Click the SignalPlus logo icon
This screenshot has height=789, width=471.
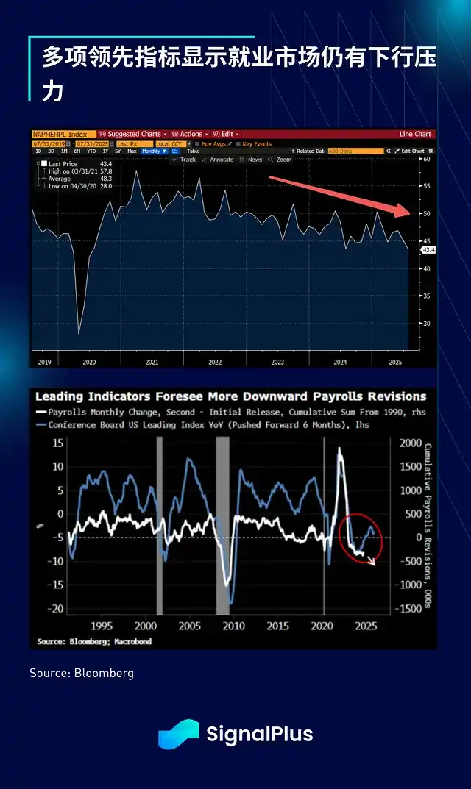pyautogui.click(x=178, y=734)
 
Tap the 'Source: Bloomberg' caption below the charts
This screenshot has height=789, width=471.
pyautogui.click(x=82, y=673)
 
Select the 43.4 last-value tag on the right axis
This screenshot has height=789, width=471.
pyautogui.click(x=428, y=250)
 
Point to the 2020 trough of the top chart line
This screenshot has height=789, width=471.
pyautogui.click(x=79, y=333)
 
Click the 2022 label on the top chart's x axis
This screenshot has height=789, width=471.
pyautogui.click(x=215, y=363)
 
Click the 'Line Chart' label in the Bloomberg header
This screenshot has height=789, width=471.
pyautogui.click(x=415, y=134)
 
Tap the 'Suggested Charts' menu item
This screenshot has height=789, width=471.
pyautogui.click(x=133, y=134)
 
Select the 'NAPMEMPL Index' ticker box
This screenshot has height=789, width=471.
pyautogui.click(x=62, y=134)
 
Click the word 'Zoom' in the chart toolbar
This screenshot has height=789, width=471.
pyautogui.click(x=284, y=160)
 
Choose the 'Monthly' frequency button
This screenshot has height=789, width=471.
pyautogui.click(x=153, y=151)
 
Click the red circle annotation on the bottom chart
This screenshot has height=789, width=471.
pyautogui.click(x=361, y=538)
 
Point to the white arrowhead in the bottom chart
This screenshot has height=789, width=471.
pyautogui.click(x=372, y=563)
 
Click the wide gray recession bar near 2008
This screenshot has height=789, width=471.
pyautogui.click(x=222, y=525)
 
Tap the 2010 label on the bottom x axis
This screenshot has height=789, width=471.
pyautogui.click(x=234, y=626)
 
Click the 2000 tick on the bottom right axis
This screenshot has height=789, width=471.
pyautogui.click(x=410, y=443)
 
